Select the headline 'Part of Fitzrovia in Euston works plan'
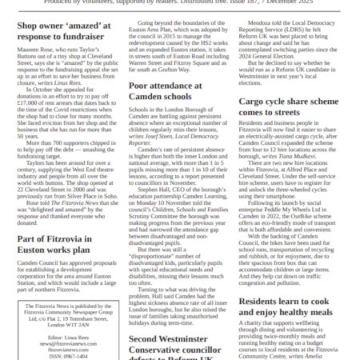coord(62,244)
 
